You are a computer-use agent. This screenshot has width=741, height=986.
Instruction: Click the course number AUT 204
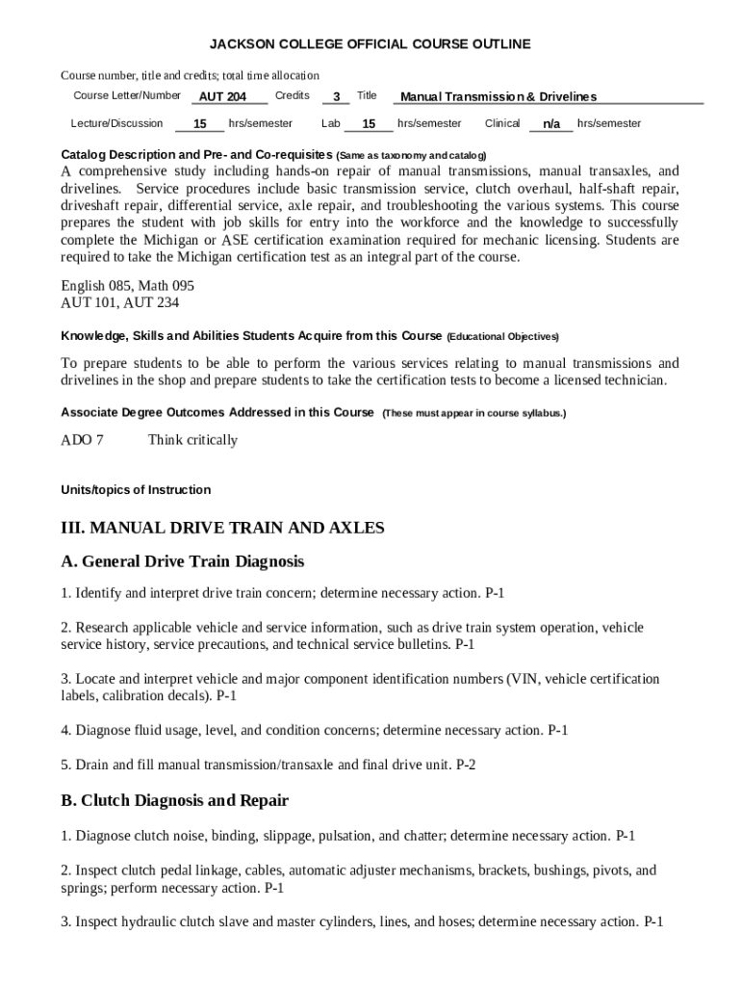[x=222, y=97]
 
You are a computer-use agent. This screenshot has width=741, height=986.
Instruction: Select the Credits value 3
[x=335, y=97]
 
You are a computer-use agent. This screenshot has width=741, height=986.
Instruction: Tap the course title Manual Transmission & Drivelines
[x=498, y=96]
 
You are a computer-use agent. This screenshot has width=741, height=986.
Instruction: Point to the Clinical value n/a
[x=551, y=124]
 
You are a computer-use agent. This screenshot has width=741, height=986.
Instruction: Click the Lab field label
[x=331, y=123]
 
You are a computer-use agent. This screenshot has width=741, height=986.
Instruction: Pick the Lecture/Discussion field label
[x=116, y=123]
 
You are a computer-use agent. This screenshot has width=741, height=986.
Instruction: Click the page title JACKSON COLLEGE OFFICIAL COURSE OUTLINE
[x=370, y=44]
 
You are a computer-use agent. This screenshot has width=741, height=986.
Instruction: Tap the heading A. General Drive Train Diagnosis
[x=183, y=560]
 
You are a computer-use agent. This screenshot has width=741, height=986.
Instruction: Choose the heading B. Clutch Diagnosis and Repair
[x=175, y=801]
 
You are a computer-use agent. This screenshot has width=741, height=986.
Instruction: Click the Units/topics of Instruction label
[x=136, y=490]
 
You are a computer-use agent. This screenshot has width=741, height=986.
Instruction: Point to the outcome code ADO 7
[x=82, y=440]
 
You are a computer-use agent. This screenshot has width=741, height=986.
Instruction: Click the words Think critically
[x=192, y=440]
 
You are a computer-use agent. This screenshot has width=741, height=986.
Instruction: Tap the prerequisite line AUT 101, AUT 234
[x=119, y=302]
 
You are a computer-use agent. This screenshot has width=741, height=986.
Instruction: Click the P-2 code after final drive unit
[x=466, y=765]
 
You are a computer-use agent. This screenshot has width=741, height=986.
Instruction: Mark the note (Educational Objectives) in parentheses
[x=502, y=337]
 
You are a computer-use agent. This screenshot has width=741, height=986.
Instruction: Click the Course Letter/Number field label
[x=127, y=95]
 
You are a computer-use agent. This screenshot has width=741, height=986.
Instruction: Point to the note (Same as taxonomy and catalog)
[x=412, y=155]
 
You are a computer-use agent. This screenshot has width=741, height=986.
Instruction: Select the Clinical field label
[x=502, y=123]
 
